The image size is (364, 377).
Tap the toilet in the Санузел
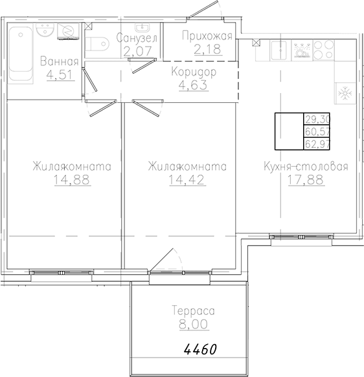click(97, 44)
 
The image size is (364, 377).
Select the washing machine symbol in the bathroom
click(69, 31)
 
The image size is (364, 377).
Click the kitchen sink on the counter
click(279, 50)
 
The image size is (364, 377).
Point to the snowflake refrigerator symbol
click(345, 93)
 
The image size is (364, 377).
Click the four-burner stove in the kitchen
click(324, 50)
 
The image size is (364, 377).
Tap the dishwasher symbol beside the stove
click(302, 50)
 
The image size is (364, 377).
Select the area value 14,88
click(72, 179)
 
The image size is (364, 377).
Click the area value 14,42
click(187, 179)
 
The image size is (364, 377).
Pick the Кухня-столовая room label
click(306, 166)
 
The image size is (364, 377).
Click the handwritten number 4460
click(200, 349)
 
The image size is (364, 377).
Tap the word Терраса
click(193, 310)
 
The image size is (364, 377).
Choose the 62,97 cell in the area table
click(317, 144)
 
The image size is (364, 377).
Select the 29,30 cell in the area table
click(317, 119)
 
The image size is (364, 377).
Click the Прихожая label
click(207, 36)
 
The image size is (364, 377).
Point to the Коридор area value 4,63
click(193, 85)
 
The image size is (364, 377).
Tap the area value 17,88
click(306, 180)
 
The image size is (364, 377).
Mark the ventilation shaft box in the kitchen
click(256, 43)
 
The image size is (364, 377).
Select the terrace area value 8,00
click(193, 324)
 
